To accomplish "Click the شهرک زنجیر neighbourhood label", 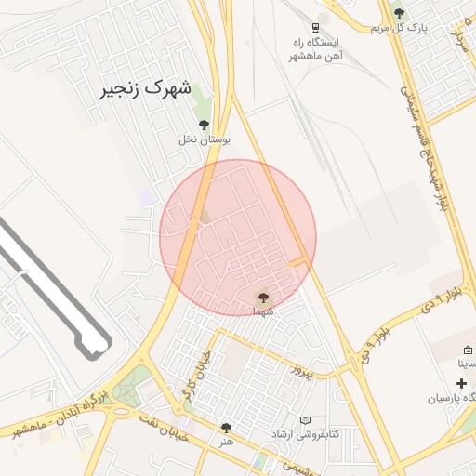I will click(146, 90).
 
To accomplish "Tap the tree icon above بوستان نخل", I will click(204, 125).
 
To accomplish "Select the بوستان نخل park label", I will click(205, 139).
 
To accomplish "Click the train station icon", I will click(317, 26).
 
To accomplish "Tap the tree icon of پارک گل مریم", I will click(400, 13).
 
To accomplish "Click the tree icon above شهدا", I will click(262, 297).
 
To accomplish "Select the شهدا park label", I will click(261, 311).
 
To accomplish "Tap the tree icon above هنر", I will click(226, 428).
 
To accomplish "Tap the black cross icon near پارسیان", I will click(461, 383).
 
